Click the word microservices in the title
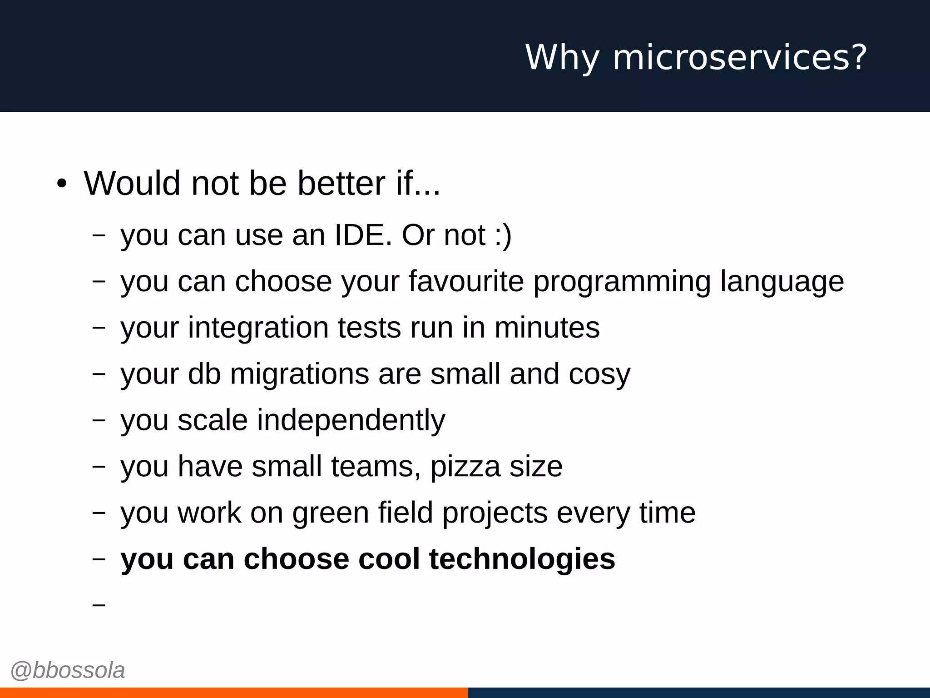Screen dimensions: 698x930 [x=740, y=57]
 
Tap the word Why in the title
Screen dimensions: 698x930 [x=562, y=57]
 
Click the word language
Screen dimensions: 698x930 [x=782, y=282]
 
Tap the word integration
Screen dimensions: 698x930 [x=258, y=328]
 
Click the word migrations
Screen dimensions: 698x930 [x=300, y=374]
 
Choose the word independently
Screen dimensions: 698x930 [x=351, y=420]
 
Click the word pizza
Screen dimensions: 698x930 [x=465, y=467]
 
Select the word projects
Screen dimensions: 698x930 [x=495, y=514]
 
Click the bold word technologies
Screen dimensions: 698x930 [x=522, y=559]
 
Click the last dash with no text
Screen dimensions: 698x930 [x=99, y=605]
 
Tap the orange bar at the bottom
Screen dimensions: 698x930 [x=233, y=693]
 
